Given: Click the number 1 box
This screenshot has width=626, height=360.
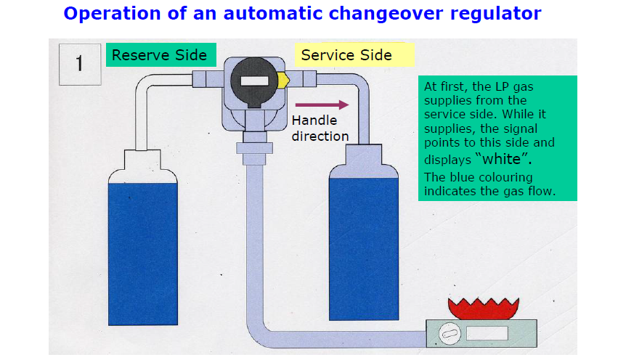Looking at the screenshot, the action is tap(80, 65).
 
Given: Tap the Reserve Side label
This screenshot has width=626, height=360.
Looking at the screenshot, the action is tap(161, 54).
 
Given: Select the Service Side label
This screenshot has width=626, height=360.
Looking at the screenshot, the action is tap(354, 54).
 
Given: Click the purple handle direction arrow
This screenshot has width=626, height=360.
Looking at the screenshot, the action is tap(322, 105).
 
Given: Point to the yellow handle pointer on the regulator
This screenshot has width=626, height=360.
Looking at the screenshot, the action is tap(282, 81).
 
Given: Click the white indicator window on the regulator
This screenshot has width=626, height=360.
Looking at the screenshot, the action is tap(254, 81).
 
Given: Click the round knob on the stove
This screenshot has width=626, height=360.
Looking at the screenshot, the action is tap(450, 334).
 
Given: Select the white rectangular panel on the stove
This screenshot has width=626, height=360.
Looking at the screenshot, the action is tap(487, 333).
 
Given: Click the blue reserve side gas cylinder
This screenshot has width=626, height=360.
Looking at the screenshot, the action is tap(143, 253).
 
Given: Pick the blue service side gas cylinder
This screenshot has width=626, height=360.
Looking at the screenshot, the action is tap(364, 249).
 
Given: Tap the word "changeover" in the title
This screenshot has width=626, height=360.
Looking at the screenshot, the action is tap(386, 14).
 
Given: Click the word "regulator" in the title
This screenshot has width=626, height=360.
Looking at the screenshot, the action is tap(496, 14).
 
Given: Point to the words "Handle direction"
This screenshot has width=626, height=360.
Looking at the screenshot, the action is tap(320, 128).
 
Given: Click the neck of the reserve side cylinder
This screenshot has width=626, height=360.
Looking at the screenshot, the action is tap(142, 160).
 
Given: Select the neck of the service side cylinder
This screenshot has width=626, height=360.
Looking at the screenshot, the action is tap(363, 155).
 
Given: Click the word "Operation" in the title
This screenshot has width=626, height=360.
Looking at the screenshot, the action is tap(113, 14).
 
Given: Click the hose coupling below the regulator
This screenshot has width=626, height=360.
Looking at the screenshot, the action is tap(254, 149).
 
